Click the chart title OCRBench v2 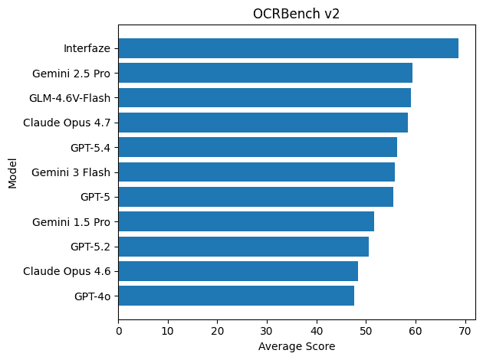[296, 14]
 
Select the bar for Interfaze [288, 48]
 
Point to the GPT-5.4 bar [258, 147]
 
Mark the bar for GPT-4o [236, 295]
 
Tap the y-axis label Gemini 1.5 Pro [71, 222]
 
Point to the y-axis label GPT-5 [95, 197]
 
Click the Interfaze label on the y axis [87, 49]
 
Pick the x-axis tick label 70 [465, 331]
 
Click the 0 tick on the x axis [119, 331]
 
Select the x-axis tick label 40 [317, 331]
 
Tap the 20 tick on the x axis [218, 331]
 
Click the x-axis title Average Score [296, 346]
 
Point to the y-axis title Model [12, 172]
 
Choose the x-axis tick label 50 [366, 331]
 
